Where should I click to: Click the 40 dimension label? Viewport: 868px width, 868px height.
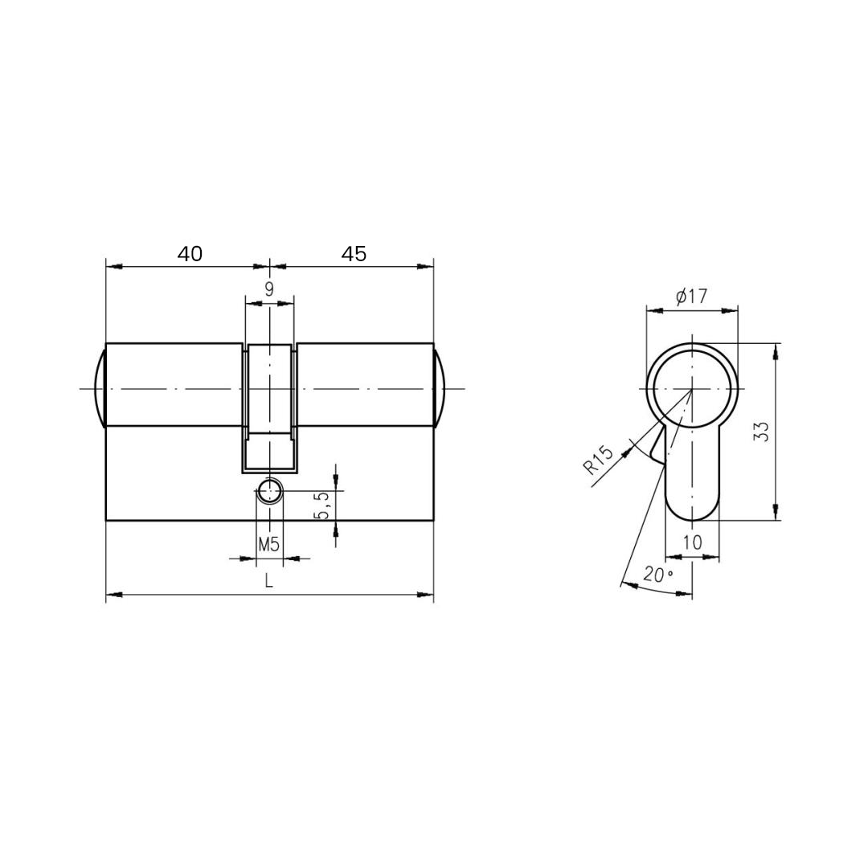click(190, 254)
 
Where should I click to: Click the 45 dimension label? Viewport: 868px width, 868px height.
click(354, 254)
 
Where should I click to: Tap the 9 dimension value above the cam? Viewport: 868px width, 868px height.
click(269, 289)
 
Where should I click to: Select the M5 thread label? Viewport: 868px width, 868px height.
click(269, 545)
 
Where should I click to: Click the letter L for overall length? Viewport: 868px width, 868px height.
click(269, 581)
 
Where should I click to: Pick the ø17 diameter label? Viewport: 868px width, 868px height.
click(692, 297)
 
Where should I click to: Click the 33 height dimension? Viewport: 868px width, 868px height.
click(762, 432)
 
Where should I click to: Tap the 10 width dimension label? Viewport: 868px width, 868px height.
click(692, 542)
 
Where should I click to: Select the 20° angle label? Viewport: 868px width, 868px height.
click(657, 575)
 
